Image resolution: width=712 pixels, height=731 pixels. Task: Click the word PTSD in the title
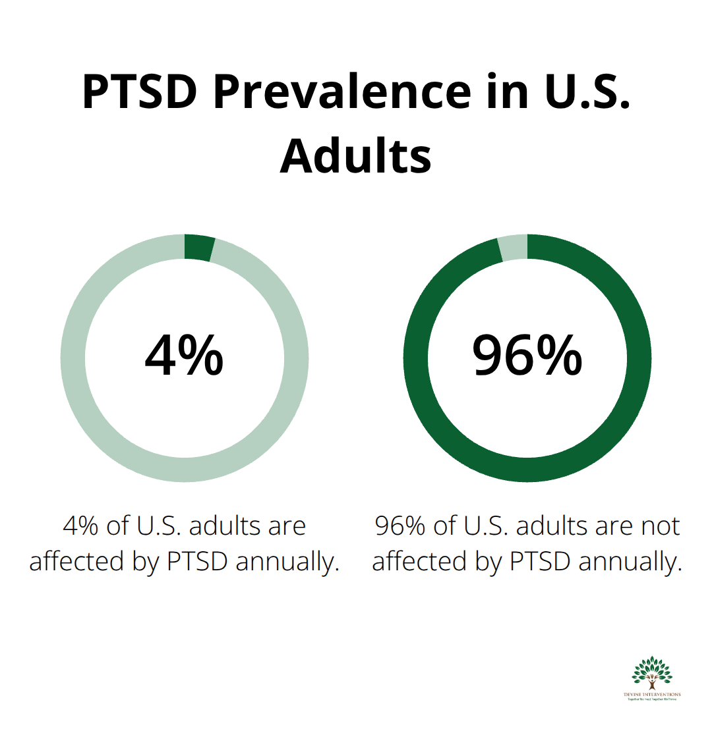[x=140, y=93]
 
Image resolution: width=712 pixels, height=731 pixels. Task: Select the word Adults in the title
[x=356, y=157]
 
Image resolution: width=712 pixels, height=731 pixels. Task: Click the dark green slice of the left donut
[x=200, y=248]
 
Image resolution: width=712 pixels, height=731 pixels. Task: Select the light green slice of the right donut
[x=513, y=248]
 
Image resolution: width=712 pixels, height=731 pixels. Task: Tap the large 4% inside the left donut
[x=184, y=356]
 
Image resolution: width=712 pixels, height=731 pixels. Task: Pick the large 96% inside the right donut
[x=527, y=356]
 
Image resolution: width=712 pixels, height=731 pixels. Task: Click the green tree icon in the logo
[x=651, y=672]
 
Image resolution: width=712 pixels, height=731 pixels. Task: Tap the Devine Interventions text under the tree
[x=651, y=695]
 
